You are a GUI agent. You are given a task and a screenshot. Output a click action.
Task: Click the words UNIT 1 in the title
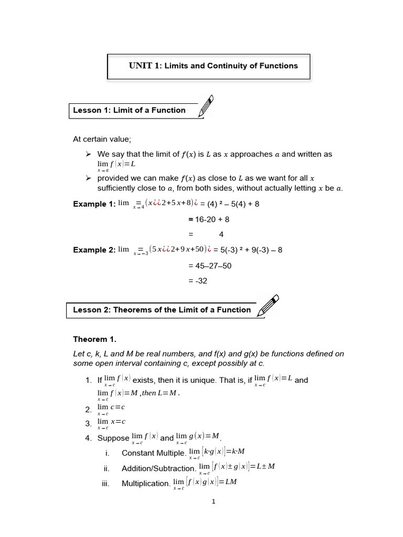[144, 66]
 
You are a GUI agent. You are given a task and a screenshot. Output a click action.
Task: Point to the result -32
[198, 281]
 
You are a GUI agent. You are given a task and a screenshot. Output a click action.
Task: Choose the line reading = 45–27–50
[209, 266]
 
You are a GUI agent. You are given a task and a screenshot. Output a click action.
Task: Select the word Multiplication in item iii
[145, 484]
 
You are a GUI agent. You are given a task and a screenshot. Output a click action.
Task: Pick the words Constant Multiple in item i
[153, 453]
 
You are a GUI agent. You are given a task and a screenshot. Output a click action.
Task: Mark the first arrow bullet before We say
[88, 154]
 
